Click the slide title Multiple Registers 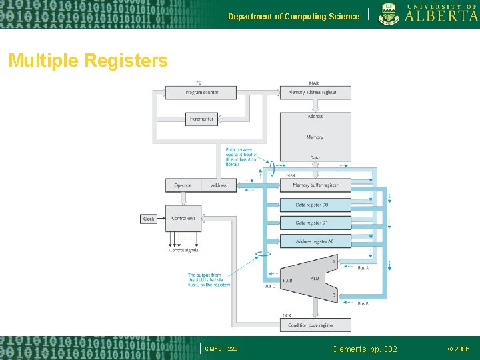click(87, 61)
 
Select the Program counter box click(201, 93)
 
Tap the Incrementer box click(201, 119)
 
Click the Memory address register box click(315, 93)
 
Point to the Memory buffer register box click(315, 185)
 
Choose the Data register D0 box click(315, 205)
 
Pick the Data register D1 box click(315, 223)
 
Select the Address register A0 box click(315, 241)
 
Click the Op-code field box click(183, 185)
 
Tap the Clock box click(149, 219)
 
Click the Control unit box click(183, 219)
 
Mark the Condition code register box click(315, 325)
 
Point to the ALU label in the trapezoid click(315, 278)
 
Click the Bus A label click(363, 267)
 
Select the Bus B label click(363, 303)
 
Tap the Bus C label click(269, 286)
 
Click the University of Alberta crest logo click(390, 13)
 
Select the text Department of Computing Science click(293, 16)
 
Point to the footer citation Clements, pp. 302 click(365, 349)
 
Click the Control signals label click(183, 251)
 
